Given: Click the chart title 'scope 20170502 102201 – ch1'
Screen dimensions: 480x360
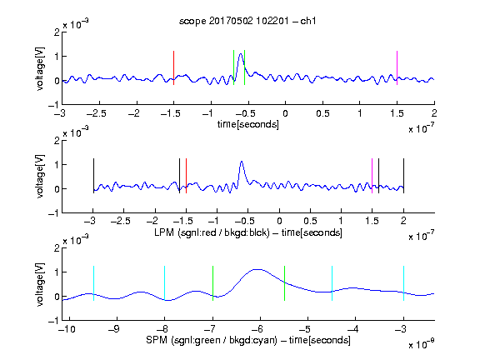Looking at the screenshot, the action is coord(247,21).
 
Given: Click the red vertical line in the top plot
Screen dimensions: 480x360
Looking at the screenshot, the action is coord(174,67).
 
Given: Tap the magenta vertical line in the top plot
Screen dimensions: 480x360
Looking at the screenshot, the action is coord(397,67).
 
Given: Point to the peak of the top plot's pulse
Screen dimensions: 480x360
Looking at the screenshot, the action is coord(241,54).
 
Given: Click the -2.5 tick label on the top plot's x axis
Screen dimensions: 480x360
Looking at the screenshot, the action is coord(96,113).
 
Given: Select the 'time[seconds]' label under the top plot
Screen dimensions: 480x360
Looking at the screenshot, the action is coord(248,124).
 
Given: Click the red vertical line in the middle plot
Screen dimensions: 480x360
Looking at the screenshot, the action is coord(186,176).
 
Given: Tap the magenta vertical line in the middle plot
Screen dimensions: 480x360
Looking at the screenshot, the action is coord(372,176).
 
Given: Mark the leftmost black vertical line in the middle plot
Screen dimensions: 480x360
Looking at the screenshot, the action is coord(93,176).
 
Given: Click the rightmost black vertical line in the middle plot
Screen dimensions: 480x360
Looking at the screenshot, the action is coord(403,176).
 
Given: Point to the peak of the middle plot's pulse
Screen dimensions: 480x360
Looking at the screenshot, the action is coord(242,162).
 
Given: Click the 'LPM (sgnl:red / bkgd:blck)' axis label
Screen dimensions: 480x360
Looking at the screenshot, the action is coord(212,232).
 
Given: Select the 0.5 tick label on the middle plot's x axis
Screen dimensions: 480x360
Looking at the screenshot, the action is coord(310,221).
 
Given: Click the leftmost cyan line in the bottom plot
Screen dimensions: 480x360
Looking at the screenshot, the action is coord(93,283).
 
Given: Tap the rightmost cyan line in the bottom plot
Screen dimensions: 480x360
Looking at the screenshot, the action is coord(403,283).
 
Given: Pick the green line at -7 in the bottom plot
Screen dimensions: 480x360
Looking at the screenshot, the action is coord(212,283).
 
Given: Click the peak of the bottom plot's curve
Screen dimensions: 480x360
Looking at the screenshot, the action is coord(258,269).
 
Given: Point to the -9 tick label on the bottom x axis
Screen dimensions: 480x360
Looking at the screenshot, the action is coord(114,329).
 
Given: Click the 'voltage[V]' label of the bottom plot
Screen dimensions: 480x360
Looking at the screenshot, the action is coord(40,284).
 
